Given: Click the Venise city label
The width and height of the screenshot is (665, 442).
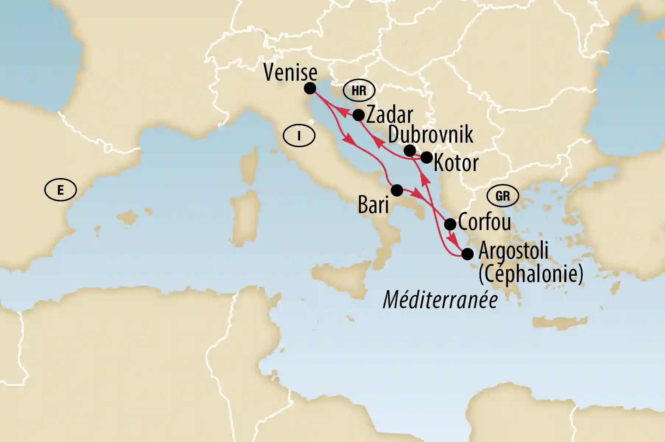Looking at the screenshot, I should coord(290,73).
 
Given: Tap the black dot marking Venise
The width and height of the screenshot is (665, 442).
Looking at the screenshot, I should coord(310,88).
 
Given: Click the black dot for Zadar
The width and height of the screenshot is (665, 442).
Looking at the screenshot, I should coord(358,115).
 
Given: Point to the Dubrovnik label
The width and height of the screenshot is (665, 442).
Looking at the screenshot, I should coord(431,135).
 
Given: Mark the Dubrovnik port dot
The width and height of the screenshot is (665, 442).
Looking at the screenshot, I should coord(410,150).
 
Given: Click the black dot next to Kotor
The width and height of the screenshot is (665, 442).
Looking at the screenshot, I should coord(426,157).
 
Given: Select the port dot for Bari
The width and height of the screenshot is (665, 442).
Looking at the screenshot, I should coord(397,190).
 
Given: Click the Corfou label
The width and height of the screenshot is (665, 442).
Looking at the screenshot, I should coord(484,222).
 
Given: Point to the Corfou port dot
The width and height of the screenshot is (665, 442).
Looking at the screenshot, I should coord(450,224).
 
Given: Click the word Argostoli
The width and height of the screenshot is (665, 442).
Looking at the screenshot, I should coord(513,251).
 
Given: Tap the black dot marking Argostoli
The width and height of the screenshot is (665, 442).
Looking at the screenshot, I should coord(467,254).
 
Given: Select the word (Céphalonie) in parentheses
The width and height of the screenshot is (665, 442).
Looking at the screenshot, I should coord(531,274).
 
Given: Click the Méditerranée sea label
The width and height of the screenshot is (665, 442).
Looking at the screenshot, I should coord(441,300).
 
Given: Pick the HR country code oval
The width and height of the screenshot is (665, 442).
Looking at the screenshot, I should coord(359,90).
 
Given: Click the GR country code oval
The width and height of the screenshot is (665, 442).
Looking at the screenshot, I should coord(503,196).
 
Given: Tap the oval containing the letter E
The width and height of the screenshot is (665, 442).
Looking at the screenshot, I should coord(60,190).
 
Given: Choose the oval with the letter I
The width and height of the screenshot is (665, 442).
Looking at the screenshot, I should coord(299,136).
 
